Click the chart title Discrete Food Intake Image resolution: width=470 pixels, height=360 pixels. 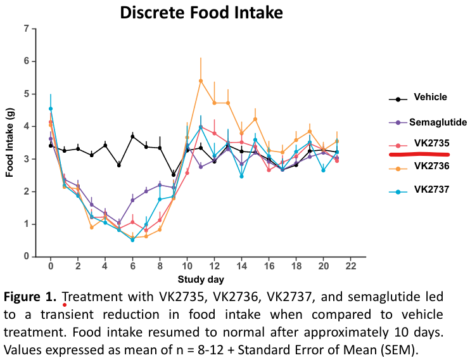point(201,12)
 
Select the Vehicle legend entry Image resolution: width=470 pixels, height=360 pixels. point(430,98)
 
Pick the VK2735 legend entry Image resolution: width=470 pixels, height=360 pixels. point(430,143)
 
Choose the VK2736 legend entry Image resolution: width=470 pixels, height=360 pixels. point(430,166)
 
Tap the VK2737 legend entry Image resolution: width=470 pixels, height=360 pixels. point(430,189)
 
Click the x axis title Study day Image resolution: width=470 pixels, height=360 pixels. point(200,279)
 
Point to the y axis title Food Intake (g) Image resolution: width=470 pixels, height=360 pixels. point(10,143)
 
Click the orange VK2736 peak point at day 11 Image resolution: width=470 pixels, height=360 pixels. point(201,80)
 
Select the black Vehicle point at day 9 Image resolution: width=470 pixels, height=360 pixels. point(174,174)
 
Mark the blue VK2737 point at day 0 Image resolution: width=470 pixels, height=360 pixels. point(51,108)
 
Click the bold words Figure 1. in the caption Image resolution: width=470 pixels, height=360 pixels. point(32,297)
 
